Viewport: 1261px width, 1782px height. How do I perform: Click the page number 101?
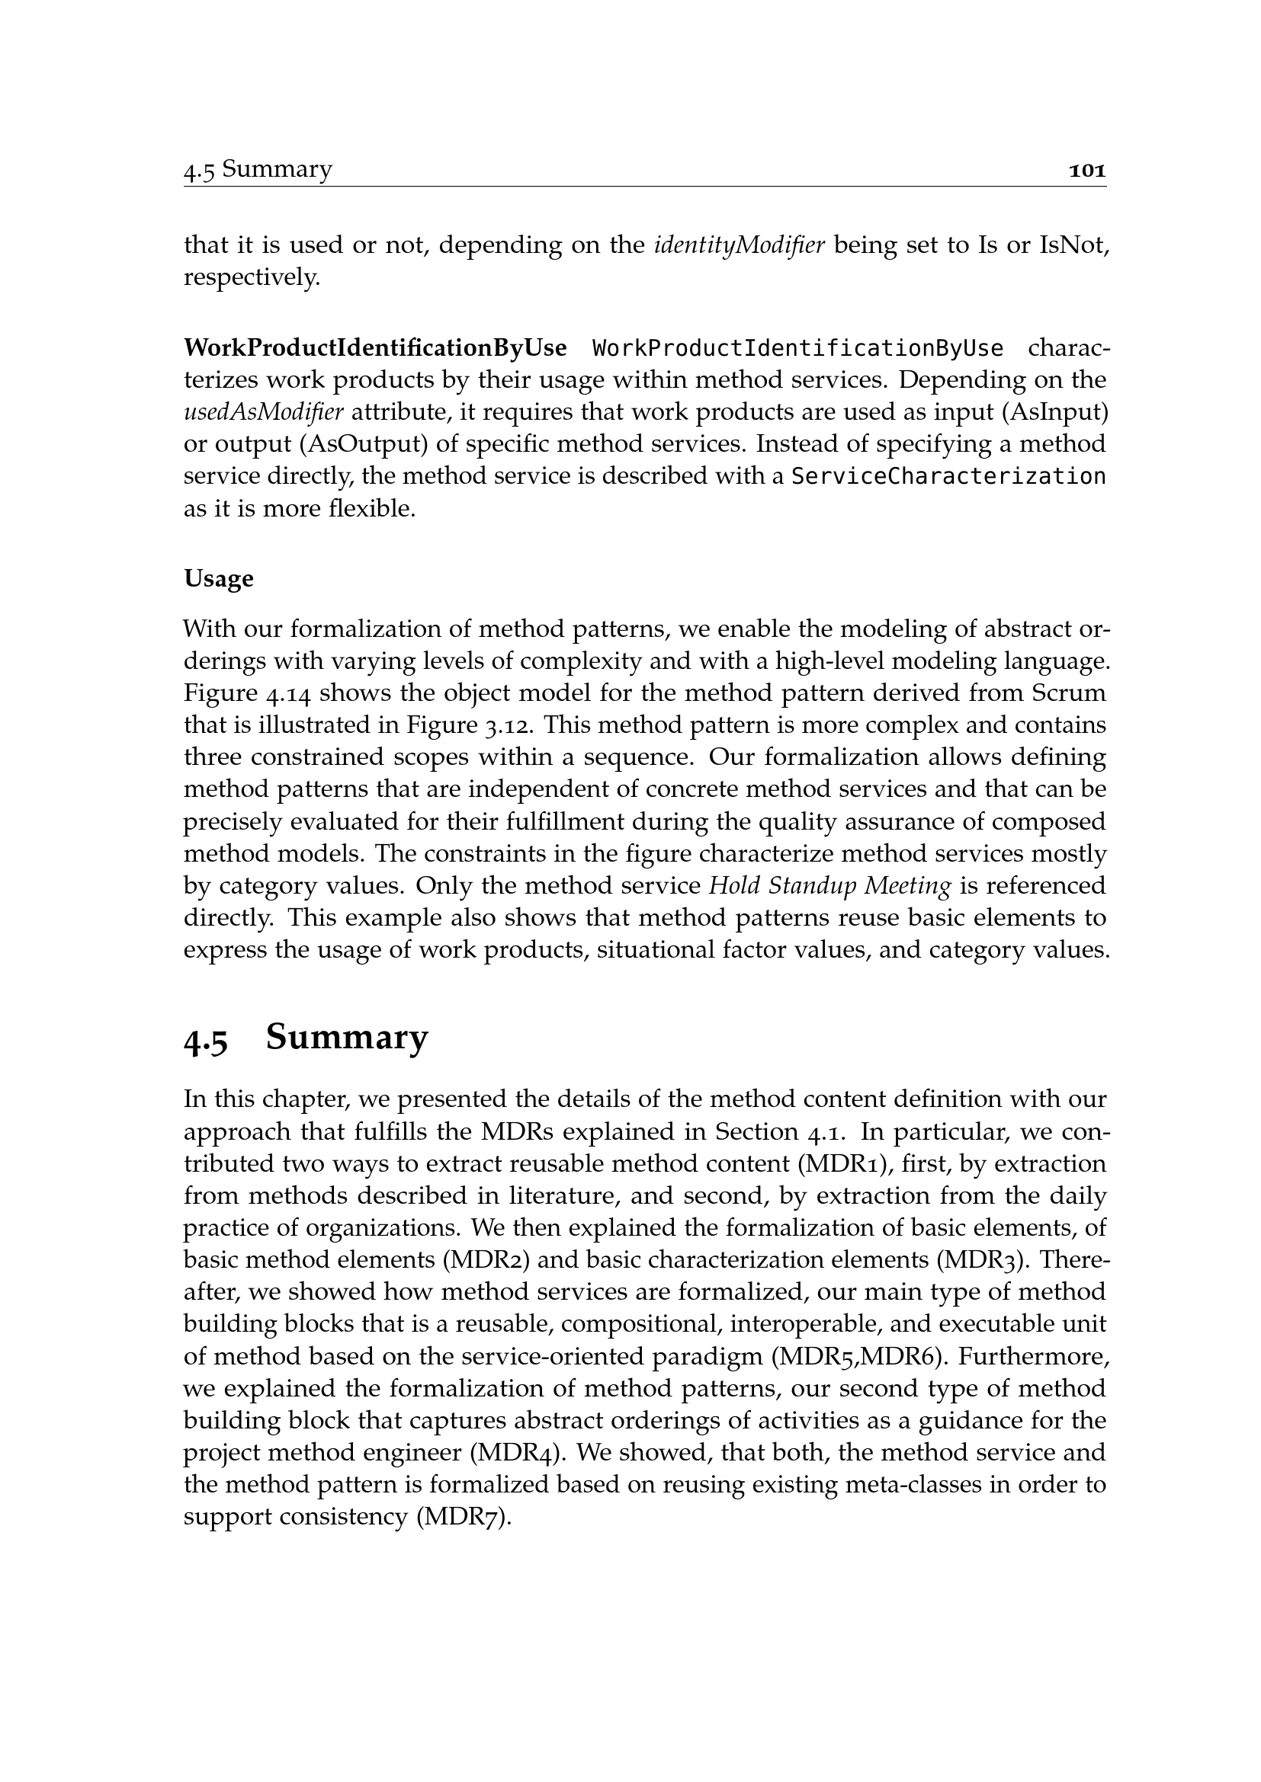[1087, 170]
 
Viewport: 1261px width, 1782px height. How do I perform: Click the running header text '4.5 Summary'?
[258, 169]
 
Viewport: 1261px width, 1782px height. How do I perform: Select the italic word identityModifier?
[740, 245]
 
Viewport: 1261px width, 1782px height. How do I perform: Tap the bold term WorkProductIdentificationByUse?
[375, 348]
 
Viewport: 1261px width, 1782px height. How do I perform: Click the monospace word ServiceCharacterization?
[948, 475]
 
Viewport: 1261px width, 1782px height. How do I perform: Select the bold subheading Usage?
[218, 578]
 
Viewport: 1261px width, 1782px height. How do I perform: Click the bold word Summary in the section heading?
[346, 1038]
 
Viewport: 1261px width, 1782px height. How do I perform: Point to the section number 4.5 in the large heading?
[206, 1040]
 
